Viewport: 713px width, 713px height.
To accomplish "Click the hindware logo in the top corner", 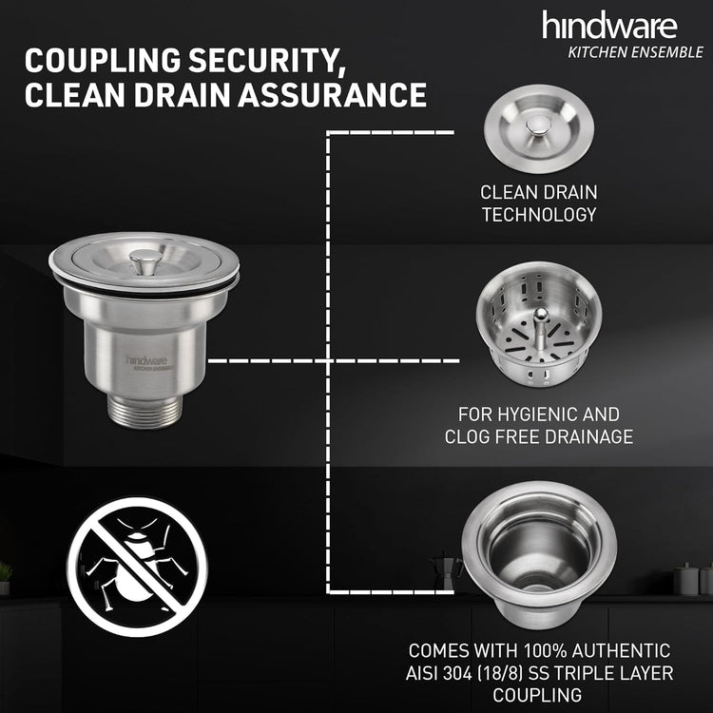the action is (x=609, y=26).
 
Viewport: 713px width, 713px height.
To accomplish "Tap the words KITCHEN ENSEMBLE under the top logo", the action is (x=635, y=52).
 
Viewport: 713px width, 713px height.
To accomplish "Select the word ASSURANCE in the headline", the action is (x=333, y=94).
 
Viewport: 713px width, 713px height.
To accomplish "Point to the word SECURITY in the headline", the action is (x=267, y=62).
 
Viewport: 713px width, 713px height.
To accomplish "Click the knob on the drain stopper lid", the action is (x=538, y=125).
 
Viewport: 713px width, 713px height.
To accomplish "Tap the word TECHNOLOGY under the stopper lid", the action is (x=539, y=215).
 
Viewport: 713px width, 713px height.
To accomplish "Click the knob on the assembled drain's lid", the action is (x=143, y=261).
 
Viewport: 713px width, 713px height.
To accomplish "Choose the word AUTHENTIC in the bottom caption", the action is (x=621, y=650).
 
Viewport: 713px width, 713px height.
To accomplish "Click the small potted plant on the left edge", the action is (x=5, y=577).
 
